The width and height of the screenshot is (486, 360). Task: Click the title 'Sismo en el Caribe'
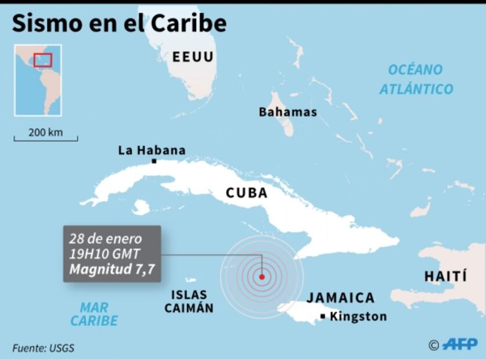[x=119, y=24]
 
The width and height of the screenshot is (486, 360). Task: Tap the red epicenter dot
[x=262, y=277]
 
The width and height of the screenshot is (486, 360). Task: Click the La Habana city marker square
[x=154, y=161]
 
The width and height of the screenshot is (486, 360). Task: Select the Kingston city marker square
[x=323, y=316]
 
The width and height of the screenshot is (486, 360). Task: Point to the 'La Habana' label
[x=152, y=150]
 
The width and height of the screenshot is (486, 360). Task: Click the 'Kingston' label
[x=358, y=316]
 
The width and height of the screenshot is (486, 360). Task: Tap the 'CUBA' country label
[x=247, y=193]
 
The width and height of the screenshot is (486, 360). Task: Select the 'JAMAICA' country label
[x=341, y=298]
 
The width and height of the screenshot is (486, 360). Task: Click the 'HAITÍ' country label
[x=445, y=276]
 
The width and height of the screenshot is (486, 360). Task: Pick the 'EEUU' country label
[x=193, y=57]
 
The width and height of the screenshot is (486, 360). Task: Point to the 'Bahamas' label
[x=288, y=112]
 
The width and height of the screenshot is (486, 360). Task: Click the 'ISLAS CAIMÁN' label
[x=189, y=302]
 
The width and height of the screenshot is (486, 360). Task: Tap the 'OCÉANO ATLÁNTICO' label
[x=416, y=80]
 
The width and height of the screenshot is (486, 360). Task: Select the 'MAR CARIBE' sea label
[x=94, y=314]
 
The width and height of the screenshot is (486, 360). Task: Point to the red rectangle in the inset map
[x=42, y=60]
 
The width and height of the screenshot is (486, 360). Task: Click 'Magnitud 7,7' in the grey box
[x=111, y=269]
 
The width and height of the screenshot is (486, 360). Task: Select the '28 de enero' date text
[x=105, y=239]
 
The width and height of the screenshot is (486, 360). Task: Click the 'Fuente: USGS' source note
[x=43, y=348]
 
